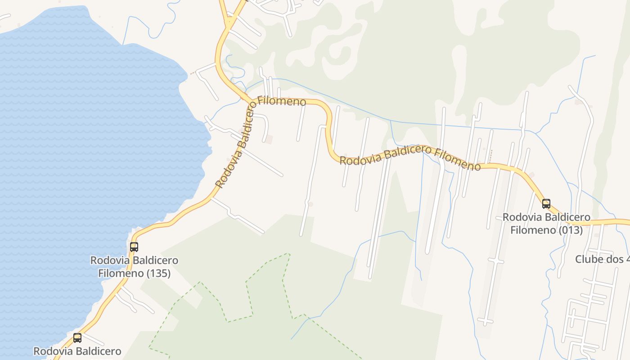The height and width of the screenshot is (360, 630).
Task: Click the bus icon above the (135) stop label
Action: (x=134, y=247)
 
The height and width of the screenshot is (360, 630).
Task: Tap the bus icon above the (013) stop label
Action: (x=546, y=203)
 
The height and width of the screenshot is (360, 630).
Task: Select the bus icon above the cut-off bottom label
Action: (x=77, y=337)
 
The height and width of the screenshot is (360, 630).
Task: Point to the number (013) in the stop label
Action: (x=568, y=230)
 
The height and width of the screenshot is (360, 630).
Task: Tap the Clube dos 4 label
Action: (x=602, y=259)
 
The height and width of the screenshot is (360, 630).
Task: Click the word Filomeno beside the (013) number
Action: (x=531, y=230)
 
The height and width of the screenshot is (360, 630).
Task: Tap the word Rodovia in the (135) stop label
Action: (x=107, y=260)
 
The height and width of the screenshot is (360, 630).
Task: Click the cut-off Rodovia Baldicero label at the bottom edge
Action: (x=77, y=351)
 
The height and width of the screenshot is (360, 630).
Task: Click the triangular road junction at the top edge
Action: (x=230, y=20)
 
